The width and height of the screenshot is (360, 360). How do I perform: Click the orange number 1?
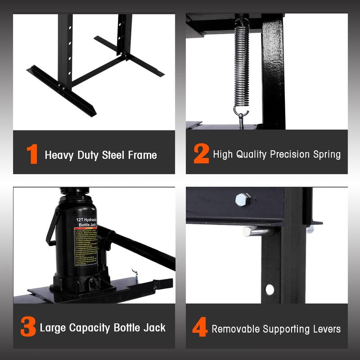(32, 155)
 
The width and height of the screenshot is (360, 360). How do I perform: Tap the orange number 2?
(201, 154)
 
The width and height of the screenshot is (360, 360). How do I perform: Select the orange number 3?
(28, 328)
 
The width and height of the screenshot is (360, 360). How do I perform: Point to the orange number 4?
(200, 328)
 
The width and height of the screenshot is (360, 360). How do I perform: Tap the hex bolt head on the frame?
(243, 199)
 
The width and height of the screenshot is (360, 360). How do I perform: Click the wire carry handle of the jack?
(52, 227)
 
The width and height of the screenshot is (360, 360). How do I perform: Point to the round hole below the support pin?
(270, 289)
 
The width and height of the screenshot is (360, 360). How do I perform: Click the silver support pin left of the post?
(255, 231)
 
